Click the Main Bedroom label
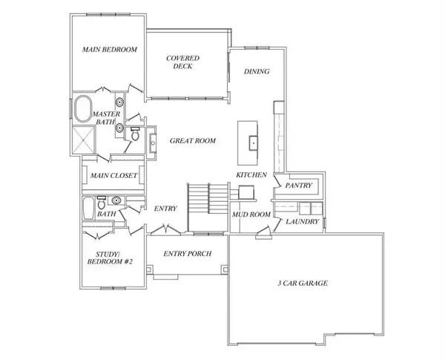110,50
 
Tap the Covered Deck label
182,62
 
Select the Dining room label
257,71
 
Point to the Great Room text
193,140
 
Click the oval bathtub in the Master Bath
83,109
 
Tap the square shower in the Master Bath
83,140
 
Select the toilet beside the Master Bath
135,134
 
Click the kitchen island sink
253,143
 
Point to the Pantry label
299,186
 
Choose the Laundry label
303,222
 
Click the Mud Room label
251,215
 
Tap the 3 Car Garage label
303,283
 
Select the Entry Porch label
188,253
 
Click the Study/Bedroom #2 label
110,258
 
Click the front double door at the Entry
165,230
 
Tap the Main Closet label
113,176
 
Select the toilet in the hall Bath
102,203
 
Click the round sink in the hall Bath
116,200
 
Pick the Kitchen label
251,174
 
